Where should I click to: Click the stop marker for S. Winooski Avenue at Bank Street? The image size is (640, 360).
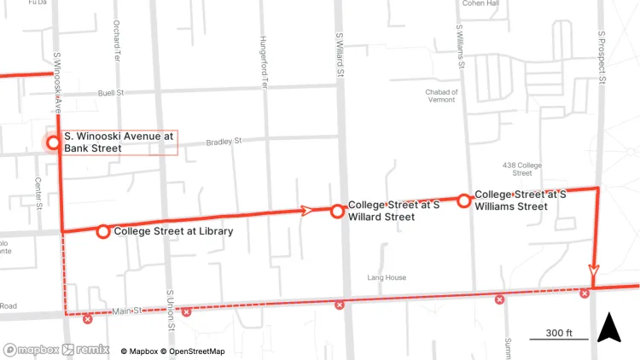pos(53,142)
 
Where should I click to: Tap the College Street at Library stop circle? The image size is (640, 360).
pos(102,231)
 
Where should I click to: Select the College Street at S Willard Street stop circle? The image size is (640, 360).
pos(338,211)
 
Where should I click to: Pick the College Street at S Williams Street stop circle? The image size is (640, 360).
pos(463,200)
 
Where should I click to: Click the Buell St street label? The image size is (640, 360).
pos(111,92)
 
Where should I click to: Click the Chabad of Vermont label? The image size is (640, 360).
pos(442,96)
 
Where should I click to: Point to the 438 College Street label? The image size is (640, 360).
pos(522,168)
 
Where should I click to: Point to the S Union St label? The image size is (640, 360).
pos(172,310)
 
